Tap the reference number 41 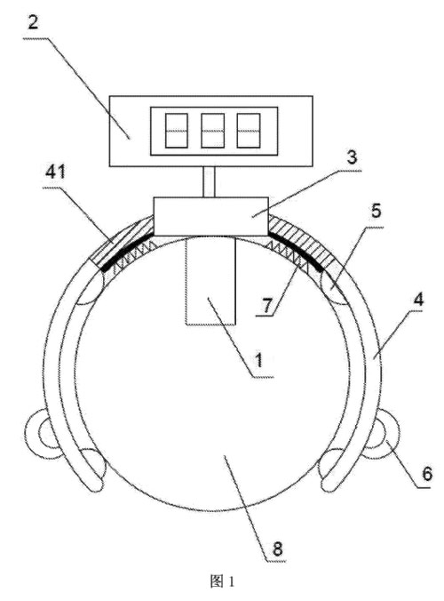55,172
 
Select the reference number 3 351,157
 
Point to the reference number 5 377,211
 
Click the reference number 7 266,305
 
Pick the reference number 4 419,300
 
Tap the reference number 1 259,360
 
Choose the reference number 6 427,473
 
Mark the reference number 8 277,549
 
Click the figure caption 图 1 222,581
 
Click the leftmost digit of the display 177,131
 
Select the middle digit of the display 213,131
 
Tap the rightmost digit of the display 249,131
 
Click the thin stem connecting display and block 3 209,182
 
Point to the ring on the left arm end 42,434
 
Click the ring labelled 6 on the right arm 384,434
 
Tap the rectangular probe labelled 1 210,281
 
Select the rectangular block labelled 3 211,216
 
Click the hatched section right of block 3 303,242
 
